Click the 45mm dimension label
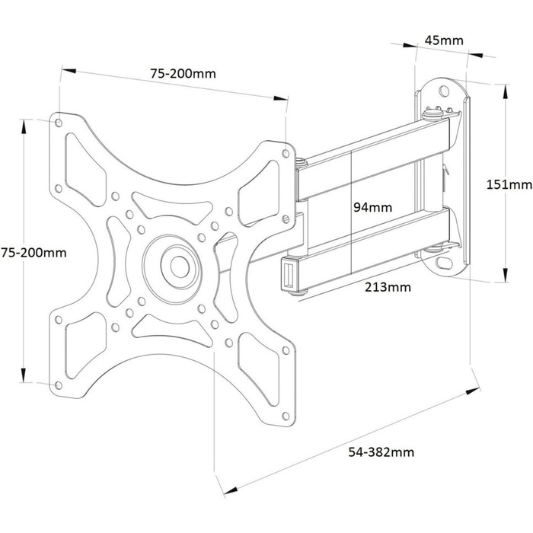(x=444, y=40)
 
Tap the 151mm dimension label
(x=509, y=184)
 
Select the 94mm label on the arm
(x=372, y=207)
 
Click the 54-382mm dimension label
(x=381, y=452)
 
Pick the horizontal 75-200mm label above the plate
(x=184, y=73)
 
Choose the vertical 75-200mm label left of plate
(x=34, y=253)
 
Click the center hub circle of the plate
(x=180, y=266)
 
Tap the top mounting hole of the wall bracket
(x=444, y=91)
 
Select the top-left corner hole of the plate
(x=59, y=123)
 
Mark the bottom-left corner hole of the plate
(x=59, y=385)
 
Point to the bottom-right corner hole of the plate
(x=286, y=416)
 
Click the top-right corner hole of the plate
(x=286, y=154)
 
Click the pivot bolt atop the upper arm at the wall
(x=432, y=112)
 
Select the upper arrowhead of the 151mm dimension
(x=506, y=92)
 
